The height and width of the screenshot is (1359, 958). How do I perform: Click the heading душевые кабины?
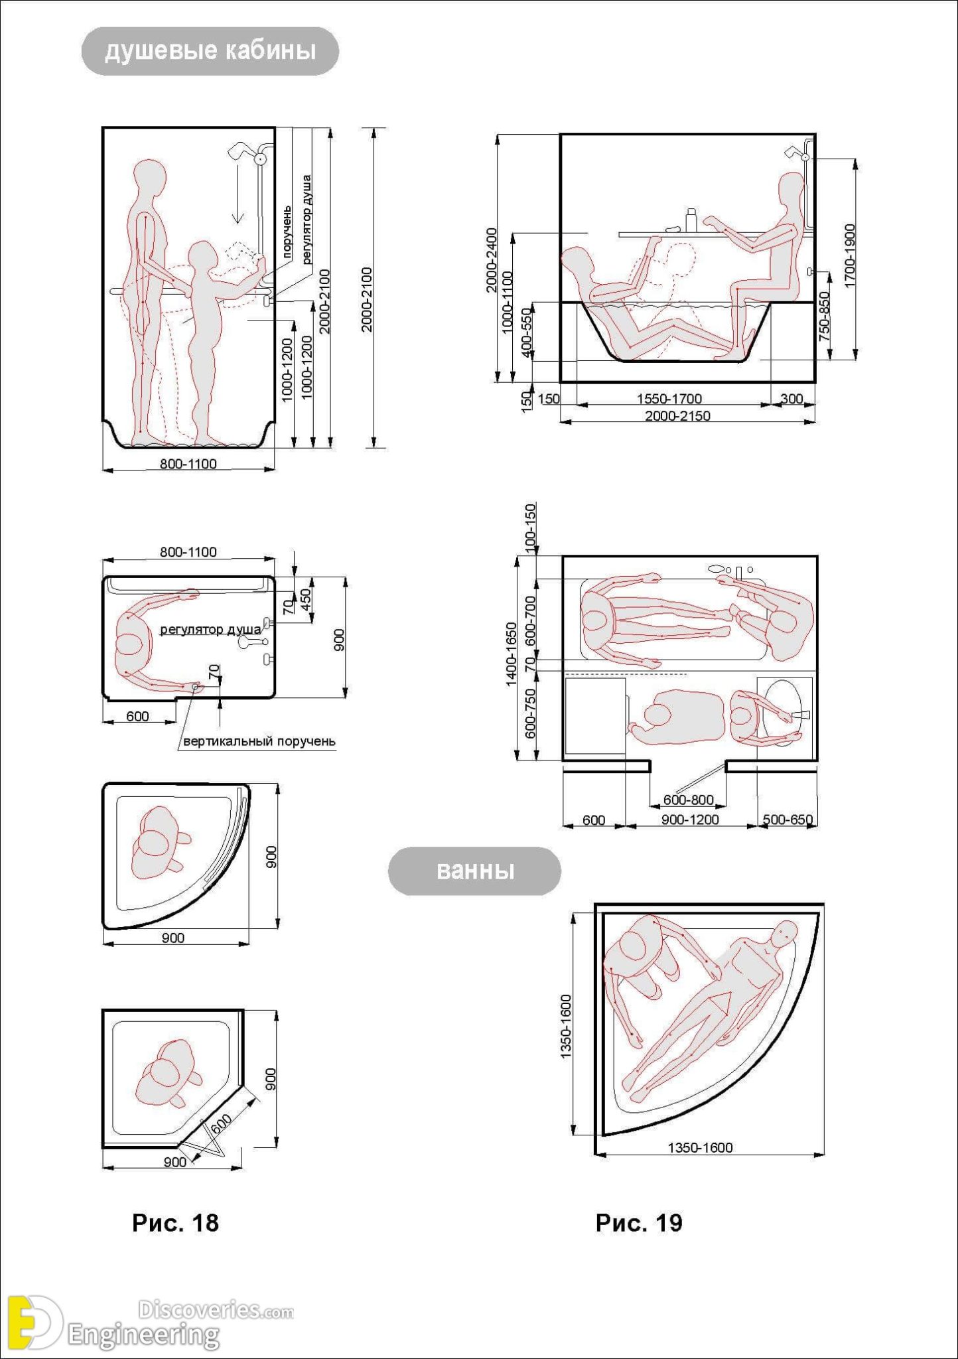(210, 51)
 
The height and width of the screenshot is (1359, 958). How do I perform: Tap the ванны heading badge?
(474, 871)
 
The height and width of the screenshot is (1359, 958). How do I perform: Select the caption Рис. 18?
(175, 1222)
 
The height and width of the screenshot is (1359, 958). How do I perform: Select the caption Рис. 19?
(638, 1222)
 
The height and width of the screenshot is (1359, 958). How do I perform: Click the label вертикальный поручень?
(259, 741)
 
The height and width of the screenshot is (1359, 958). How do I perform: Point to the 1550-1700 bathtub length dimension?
(669, 399)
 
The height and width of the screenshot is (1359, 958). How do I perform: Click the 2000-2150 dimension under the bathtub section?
(677, 416)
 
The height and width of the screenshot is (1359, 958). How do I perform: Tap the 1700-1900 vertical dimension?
(850, 256)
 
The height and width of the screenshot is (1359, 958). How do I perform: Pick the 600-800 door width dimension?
(688, 800)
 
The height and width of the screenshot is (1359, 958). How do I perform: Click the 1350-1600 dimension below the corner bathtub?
(699, 1148)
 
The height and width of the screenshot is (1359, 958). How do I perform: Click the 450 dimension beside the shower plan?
(306, 600)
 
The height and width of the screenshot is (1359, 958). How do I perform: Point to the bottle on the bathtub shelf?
(691, 220)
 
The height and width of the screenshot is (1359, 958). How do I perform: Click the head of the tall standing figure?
(149, 177)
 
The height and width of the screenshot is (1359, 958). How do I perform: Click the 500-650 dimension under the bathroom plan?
(787, 820)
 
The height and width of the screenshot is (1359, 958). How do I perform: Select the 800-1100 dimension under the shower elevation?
(188, 464)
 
